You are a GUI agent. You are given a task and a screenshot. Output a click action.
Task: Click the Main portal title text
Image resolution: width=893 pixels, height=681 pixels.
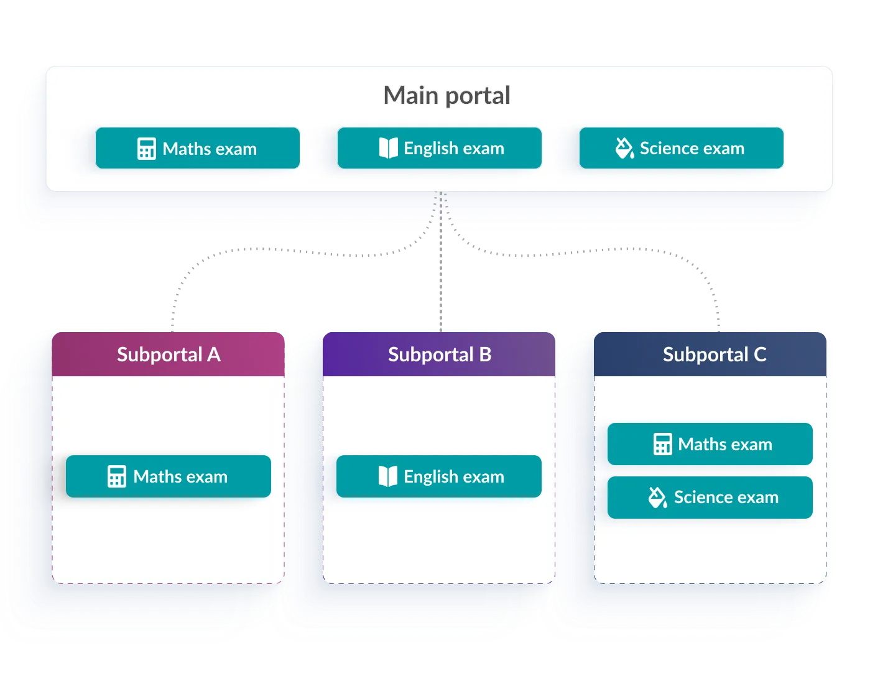(x=447, y=96)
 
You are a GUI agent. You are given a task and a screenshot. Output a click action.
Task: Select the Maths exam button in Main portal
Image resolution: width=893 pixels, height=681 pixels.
(x=198, y=149)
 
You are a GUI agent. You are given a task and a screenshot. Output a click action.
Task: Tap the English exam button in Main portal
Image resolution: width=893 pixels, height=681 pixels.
(x=440, y=149)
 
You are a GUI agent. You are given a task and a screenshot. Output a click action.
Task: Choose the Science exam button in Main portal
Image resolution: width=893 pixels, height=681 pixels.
(x=681, y=149)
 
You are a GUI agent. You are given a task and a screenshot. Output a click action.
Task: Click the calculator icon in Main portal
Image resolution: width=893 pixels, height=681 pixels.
(x=147, y=149)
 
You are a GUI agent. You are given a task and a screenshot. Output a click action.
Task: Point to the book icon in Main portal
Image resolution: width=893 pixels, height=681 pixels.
(x=388, y=149)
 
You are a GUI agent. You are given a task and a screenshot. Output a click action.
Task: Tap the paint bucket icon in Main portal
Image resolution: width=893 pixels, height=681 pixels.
(x=624, y=149)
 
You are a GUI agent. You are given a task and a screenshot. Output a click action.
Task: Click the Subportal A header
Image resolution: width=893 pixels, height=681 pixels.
(x=169, y=354)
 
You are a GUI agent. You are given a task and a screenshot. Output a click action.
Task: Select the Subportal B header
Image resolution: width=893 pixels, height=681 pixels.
(x=440, y=354)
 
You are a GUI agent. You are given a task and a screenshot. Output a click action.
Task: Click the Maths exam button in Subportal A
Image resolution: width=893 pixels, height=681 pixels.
(x=169, y=476)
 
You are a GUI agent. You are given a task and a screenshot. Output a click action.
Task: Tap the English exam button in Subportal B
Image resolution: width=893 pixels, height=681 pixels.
(x=439, y=476)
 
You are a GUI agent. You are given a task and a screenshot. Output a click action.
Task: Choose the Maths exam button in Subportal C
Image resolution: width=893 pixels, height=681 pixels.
(x=710, y=444)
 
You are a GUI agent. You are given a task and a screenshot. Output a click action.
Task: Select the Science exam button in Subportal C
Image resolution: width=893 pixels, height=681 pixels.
(x=710, y=498)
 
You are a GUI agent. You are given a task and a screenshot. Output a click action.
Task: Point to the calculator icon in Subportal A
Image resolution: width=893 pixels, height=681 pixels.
(x=117, y=477)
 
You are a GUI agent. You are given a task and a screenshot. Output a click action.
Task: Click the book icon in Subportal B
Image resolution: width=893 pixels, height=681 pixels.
(x=388, y=477)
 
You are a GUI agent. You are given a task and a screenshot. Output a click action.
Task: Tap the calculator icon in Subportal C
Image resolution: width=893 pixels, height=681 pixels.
(x=663, y=445)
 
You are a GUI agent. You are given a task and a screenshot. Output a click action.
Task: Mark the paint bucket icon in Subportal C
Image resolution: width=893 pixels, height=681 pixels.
(x=658, y=498)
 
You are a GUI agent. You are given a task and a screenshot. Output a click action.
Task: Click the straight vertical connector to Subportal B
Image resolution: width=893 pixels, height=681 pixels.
(x=440, y=280)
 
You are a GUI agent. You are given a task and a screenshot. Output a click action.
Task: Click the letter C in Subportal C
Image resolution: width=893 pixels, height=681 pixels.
(x=760, y=354)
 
